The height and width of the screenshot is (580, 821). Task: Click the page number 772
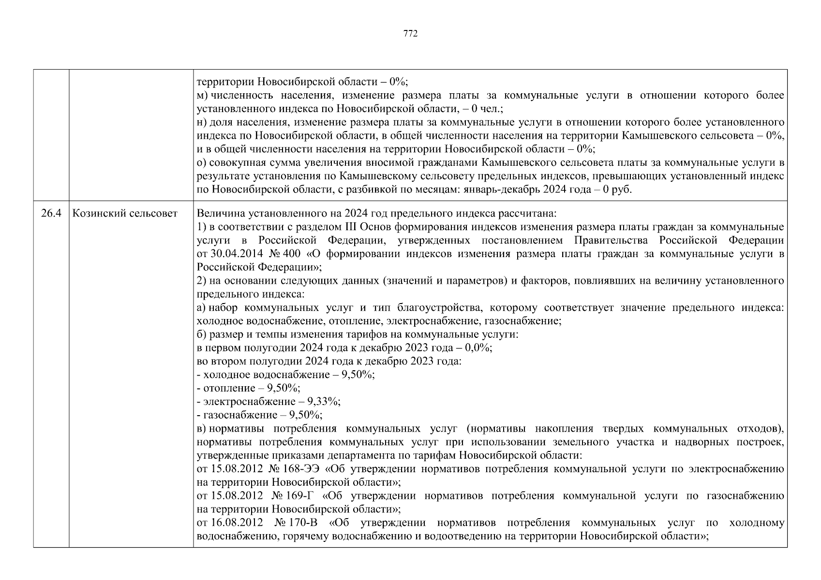[410, 33]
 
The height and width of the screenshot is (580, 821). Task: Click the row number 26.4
[51, 213]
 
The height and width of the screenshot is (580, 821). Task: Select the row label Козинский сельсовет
[125, 213]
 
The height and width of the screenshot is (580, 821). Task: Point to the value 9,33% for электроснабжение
[327, 402]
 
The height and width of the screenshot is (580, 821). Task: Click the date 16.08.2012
[237, 523]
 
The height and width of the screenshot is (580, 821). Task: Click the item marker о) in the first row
[202, 162]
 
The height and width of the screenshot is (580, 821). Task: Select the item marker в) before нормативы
[202, 429]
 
